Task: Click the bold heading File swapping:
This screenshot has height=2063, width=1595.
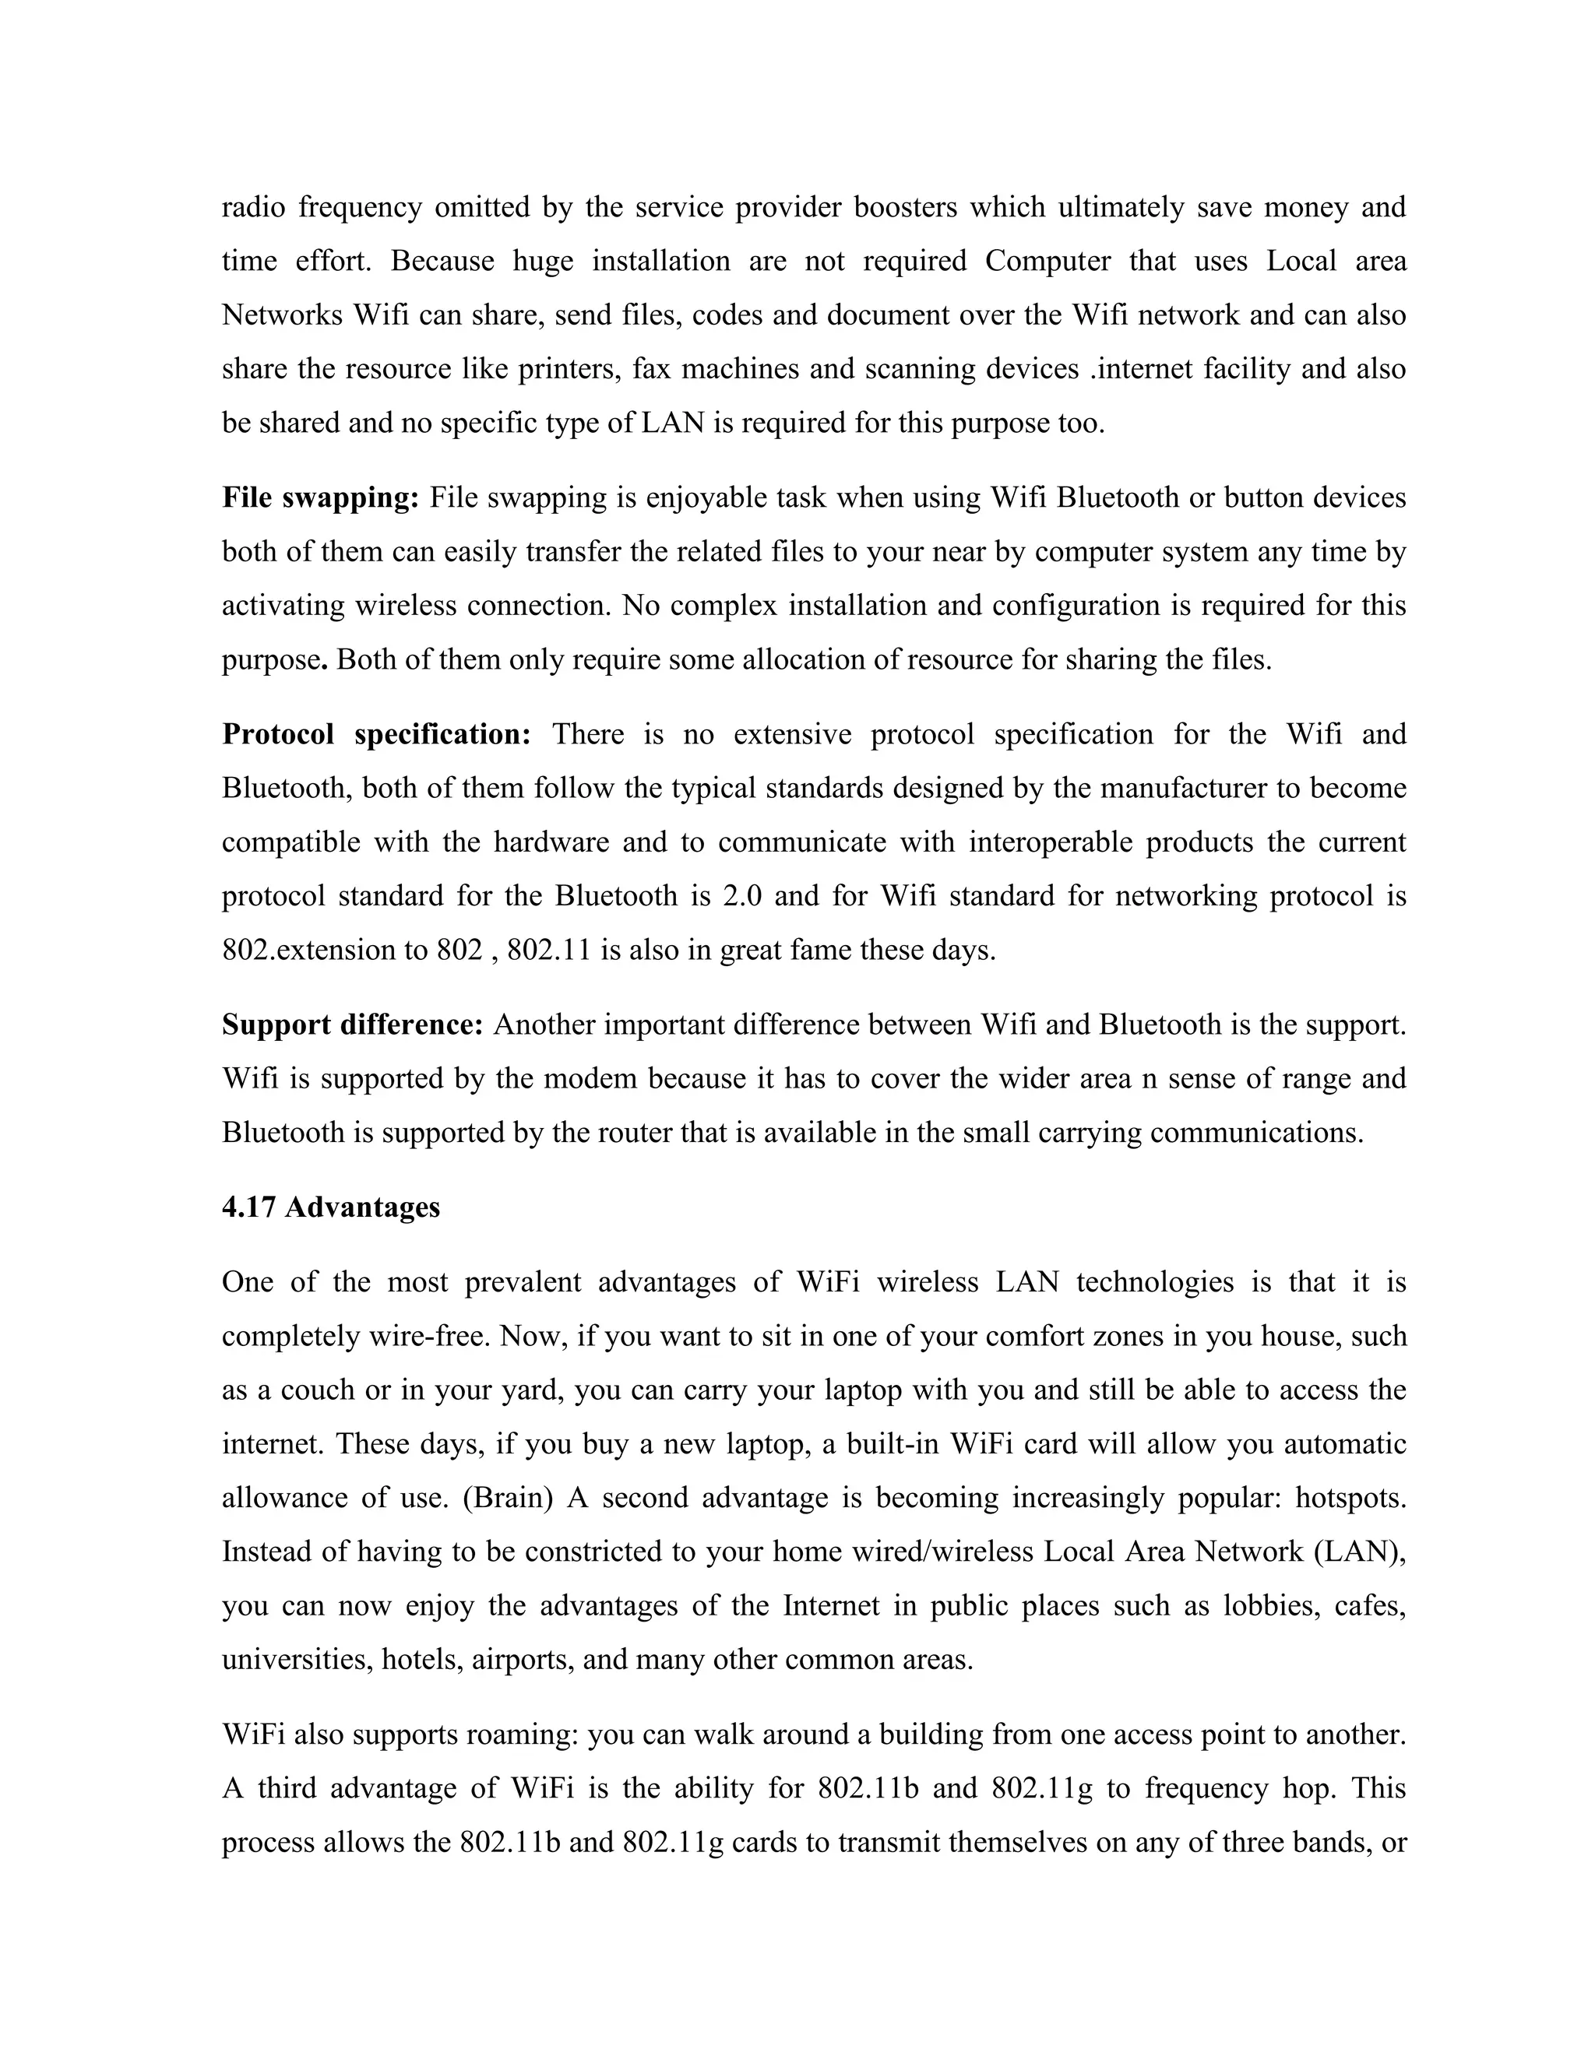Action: [x=320, y=497]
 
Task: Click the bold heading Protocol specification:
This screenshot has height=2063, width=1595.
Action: [x=377, y=734]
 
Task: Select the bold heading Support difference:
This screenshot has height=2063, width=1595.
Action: [x=353, y=1025]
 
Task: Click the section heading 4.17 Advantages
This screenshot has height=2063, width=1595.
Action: [x=331, y=1207]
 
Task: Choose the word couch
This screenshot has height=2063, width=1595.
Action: [x=315, y=1390]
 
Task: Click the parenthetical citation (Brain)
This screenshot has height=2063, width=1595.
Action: [x=508, y=1498]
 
